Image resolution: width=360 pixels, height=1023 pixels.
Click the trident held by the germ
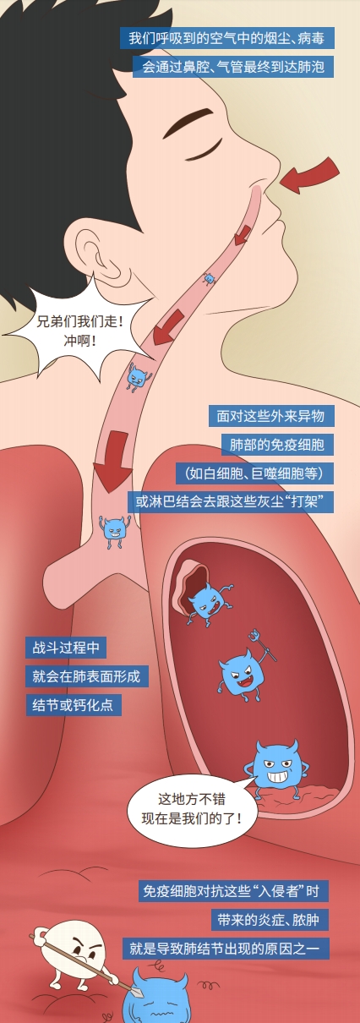point(262,644)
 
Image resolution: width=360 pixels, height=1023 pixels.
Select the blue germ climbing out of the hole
point(208,604)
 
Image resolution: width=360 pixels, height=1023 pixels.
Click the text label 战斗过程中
point(66,648)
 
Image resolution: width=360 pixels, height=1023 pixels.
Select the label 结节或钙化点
point(74,704)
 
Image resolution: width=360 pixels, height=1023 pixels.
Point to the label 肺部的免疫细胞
point(277,445)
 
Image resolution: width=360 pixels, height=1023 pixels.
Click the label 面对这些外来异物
point(271,416)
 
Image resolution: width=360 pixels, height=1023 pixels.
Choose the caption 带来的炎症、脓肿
point(270,919)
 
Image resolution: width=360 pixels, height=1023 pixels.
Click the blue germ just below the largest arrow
point(114,530)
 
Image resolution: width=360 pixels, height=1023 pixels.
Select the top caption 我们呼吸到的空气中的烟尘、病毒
point(227,38)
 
